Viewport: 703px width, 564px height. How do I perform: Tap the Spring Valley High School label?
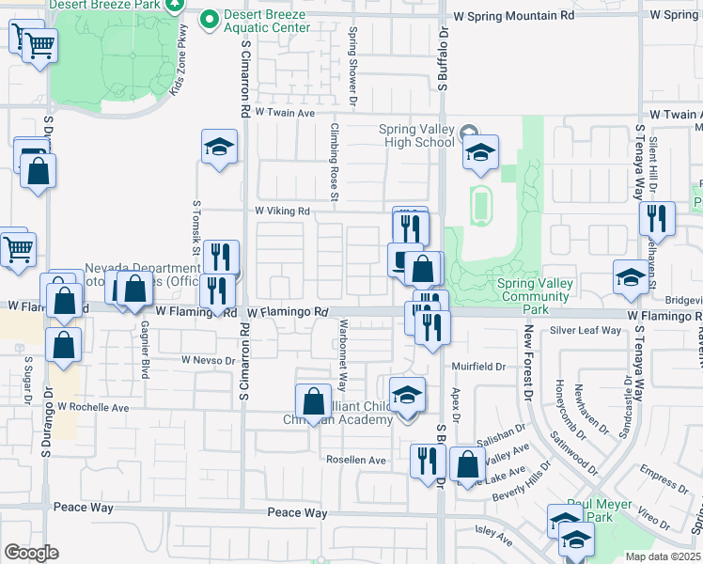tap(416, 135)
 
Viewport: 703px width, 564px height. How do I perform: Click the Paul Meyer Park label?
tap(602, 510)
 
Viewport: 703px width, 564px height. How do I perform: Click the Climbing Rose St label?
tap(333, 160)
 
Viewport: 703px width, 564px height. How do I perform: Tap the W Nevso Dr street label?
tap(209, 360)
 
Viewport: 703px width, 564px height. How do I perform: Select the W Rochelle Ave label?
tap(93, 407)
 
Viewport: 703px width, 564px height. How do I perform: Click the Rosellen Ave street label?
tap(356, 460)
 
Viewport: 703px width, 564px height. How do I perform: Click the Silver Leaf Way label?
tap(586, 330)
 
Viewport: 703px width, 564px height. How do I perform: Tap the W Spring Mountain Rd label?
tap(513, 16)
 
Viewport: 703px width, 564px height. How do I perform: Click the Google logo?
tap(31, 552)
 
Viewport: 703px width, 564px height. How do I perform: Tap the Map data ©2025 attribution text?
tap(663, 556)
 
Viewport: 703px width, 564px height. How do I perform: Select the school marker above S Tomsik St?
tap(219, 147)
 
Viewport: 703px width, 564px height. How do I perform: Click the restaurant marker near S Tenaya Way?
tap(657, 218)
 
